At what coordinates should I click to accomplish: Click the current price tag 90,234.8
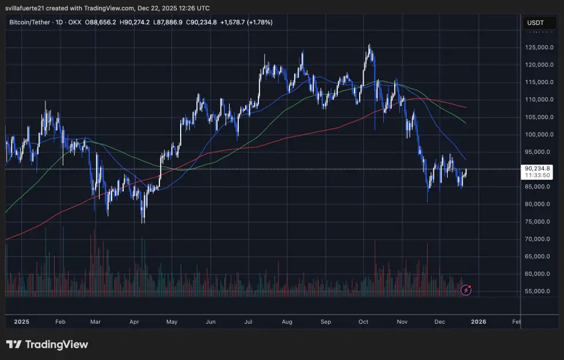[x=536, y=168]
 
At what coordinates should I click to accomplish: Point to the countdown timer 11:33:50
[x=536, y=175]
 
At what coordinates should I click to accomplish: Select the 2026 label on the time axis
[x=478, y=322]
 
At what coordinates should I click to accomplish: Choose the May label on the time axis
[x=172, y=322]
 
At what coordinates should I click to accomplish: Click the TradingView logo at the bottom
[x=47, y=344]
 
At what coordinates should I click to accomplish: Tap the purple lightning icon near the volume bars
[x=467, y=290]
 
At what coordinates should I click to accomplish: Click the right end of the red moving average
[x=466, y=107]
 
